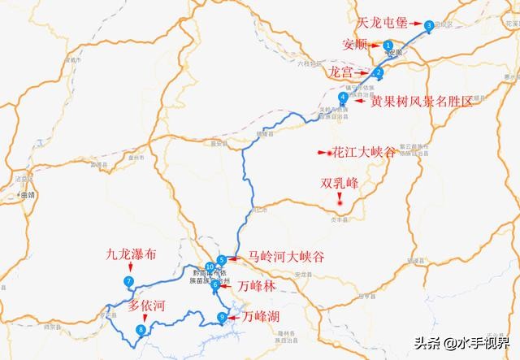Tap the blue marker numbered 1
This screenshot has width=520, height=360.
[x=388, y=46]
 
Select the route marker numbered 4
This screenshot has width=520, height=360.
[x=344, y=98]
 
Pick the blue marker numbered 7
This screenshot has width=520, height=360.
[x=128, y=281]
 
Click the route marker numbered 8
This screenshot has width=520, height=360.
[x=141, y=329]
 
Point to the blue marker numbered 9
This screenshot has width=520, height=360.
[x=222, y=317]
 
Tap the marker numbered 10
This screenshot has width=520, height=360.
[x=210, y=267]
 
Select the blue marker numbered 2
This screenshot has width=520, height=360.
[x=379, y=72]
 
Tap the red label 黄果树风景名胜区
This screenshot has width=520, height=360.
[x=422, y=103]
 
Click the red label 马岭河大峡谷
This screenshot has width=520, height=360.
[x=286, y=258]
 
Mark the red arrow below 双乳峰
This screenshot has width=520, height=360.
[x=342, y=198]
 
